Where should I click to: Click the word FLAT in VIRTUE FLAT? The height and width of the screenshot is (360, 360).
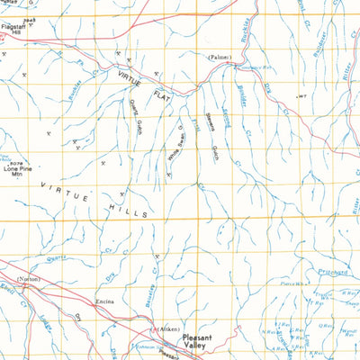click(x=163, y=94)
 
